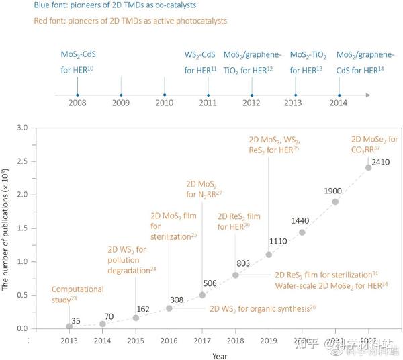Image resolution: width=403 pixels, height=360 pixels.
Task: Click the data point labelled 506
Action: tap(202, 295)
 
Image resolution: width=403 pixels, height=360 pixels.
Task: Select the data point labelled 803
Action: tap(236, 275)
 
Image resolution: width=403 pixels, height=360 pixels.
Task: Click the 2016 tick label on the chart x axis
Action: tap(169, 339)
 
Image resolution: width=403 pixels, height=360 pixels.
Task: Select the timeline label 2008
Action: tap(78, 104)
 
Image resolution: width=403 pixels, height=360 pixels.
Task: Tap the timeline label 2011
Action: tap(208, 104)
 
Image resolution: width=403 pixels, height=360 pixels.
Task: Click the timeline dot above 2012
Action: tap(252, 95)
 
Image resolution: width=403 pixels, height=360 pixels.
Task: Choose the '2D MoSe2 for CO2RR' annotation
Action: tap(375, 144)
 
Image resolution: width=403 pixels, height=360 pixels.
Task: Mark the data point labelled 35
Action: tap(69, 326)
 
